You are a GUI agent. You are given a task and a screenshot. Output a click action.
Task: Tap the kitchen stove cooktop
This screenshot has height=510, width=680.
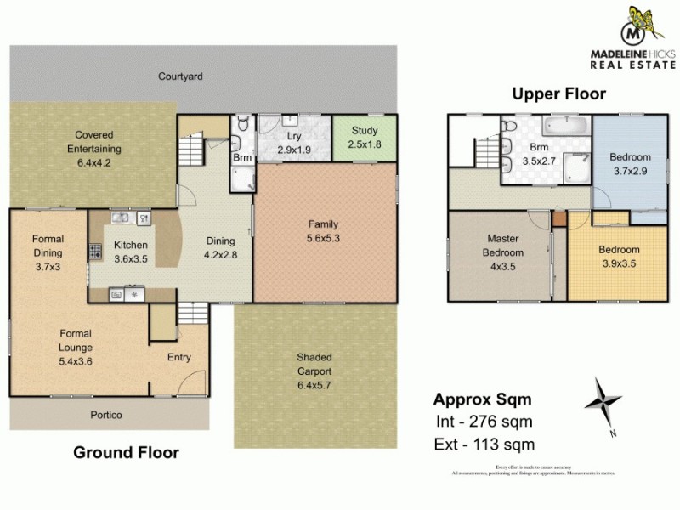coord(94,252)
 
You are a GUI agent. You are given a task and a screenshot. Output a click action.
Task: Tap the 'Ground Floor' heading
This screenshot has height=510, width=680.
coord(126,452)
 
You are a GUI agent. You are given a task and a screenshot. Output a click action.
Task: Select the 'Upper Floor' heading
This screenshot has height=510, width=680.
coord(558,94)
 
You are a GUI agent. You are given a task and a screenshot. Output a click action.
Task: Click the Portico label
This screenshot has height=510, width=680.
coord(108,415)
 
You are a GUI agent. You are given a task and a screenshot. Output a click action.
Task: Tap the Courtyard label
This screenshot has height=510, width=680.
coord(180,76)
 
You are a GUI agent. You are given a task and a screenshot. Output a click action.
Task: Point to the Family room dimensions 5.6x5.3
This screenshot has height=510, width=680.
coord(324,238)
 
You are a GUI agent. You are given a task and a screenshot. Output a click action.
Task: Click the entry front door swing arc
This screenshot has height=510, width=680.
coord(195,382)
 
